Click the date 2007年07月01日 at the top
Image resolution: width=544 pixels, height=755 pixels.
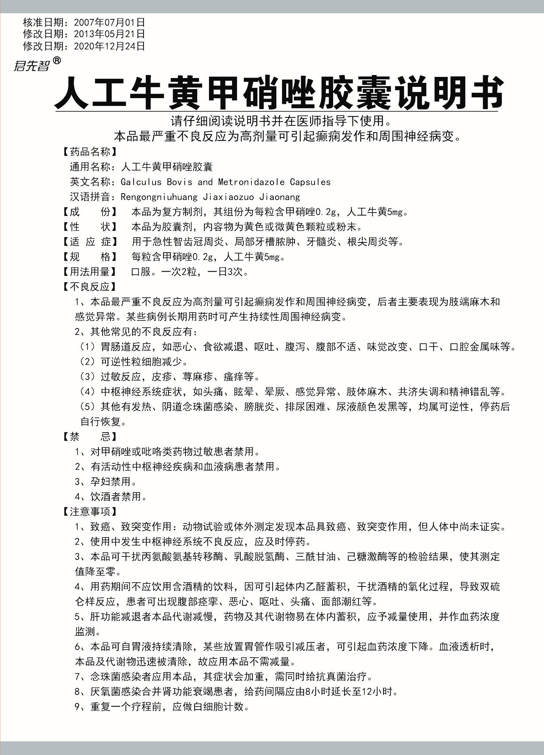(109, 23)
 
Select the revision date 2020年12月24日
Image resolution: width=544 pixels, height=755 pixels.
(109, 46)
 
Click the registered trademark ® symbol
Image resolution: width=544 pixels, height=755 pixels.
(56, 60)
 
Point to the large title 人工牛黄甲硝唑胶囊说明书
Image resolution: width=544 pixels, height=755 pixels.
(279, 93)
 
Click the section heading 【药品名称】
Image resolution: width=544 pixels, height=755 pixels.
(89, 152)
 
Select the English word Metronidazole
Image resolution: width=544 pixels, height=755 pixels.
(251, 182)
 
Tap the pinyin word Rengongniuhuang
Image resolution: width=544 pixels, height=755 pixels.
(159, 197)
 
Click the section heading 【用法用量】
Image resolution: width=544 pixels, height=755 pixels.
(89, 272)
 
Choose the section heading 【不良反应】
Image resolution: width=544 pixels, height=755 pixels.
(89, 287)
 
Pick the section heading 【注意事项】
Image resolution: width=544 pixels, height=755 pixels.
(89, 512)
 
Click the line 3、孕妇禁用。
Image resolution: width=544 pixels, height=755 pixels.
(106, 481)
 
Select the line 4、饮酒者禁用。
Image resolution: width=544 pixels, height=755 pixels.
(111, 497)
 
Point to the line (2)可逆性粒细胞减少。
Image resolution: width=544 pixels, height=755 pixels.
(134, 361)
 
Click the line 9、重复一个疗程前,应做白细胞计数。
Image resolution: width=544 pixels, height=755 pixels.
(162, 707)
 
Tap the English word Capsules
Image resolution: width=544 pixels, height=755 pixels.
(310, 182)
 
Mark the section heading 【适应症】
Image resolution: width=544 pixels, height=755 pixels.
(89, 242)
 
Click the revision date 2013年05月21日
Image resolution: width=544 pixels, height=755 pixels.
(109, 34)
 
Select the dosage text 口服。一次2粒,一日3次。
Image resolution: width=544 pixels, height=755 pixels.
(190, 272)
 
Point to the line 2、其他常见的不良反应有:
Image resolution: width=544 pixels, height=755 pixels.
(136, 332)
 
